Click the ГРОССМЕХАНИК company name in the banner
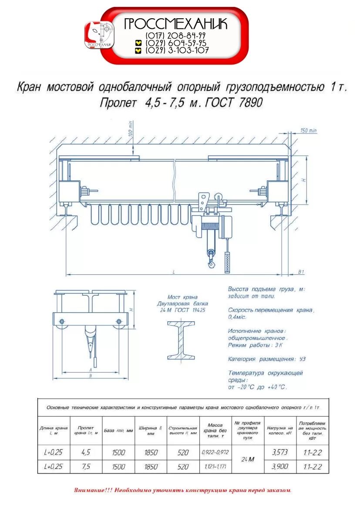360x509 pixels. (175, 24)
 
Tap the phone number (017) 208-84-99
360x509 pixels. (176, 36)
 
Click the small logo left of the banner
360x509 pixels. (99, 35)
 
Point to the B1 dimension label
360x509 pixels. (301, 272)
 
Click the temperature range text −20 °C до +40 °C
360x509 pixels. (257, 387)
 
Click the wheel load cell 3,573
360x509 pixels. (279, 452)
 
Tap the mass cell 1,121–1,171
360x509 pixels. (215, 466)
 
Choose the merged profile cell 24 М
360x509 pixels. (248, 459)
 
